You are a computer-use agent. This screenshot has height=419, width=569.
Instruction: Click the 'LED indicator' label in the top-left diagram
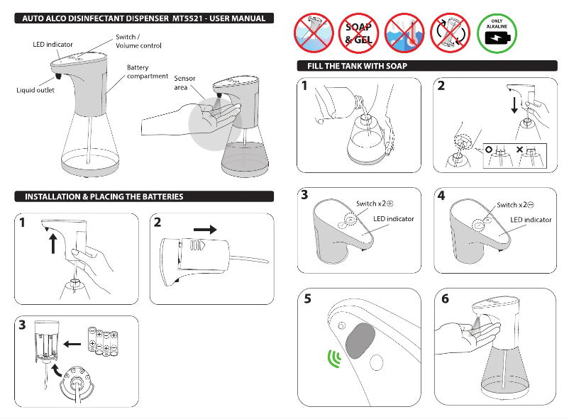(53, 45)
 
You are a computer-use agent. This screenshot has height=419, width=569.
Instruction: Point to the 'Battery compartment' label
(148, 72)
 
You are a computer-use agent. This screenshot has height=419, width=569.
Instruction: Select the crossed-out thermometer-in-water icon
(404, 33)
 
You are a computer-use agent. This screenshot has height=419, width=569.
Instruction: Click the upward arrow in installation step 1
(52, 245)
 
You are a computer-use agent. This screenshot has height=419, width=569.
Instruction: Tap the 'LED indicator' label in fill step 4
(531, 220)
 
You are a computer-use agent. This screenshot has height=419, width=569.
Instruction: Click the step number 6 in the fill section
(445, 298)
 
